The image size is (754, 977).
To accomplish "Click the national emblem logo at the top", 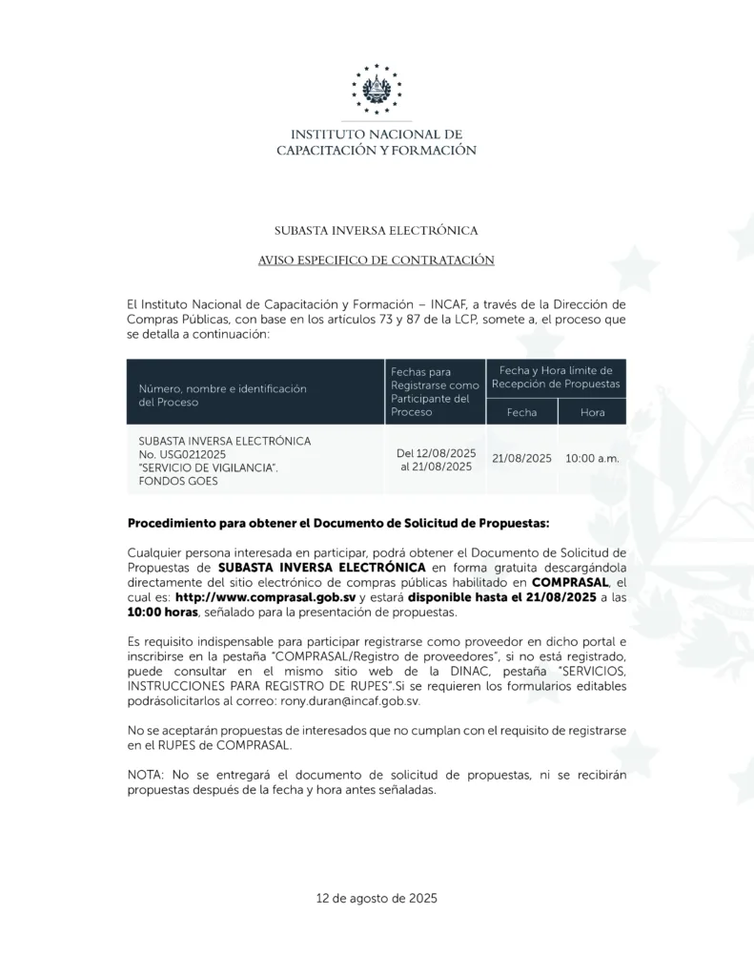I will tap(377, 89).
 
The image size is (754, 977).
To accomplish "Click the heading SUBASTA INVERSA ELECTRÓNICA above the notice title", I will tap(377, 230).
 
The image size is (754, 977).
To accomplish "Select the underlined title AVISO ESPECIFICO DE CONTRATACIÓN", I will tap(377, 260).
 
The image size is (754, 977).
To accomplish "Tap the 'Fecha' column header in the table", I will tap(521, 412).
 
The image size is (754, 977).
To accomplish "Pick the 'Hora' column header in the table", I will tap(592, 412).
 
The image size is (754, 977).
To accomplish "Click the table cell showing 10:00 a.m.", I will tap(592, 458).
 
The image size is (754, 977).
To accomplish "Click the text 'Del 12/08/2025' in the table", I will tap(436, 452).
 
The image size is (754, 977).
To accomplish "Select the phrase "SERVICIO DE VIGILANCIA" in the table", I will tap(208, 468).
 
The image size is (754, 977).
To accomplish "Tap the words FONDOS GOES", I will tap(178, 481).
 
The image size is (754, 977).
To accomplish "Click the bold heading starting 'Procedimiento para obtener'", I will tap(338, 523).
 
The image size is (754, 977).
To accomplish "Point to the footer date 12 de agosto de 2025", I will tap(377, 898).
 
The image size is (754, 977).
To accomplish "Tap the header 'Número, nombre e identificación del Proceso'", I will tap(221, 395).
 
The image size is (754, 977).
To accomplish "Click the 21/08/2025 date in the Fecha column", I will tap(521, 458).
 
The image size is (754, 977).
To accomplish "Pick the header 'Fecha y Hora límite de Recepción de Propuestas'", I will tap(556, 377).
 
